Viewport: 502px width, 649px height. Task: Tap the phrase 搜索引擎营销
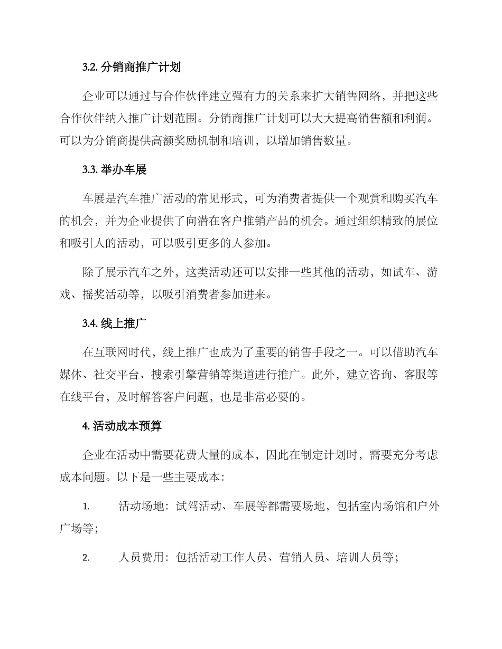(199, 375)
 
